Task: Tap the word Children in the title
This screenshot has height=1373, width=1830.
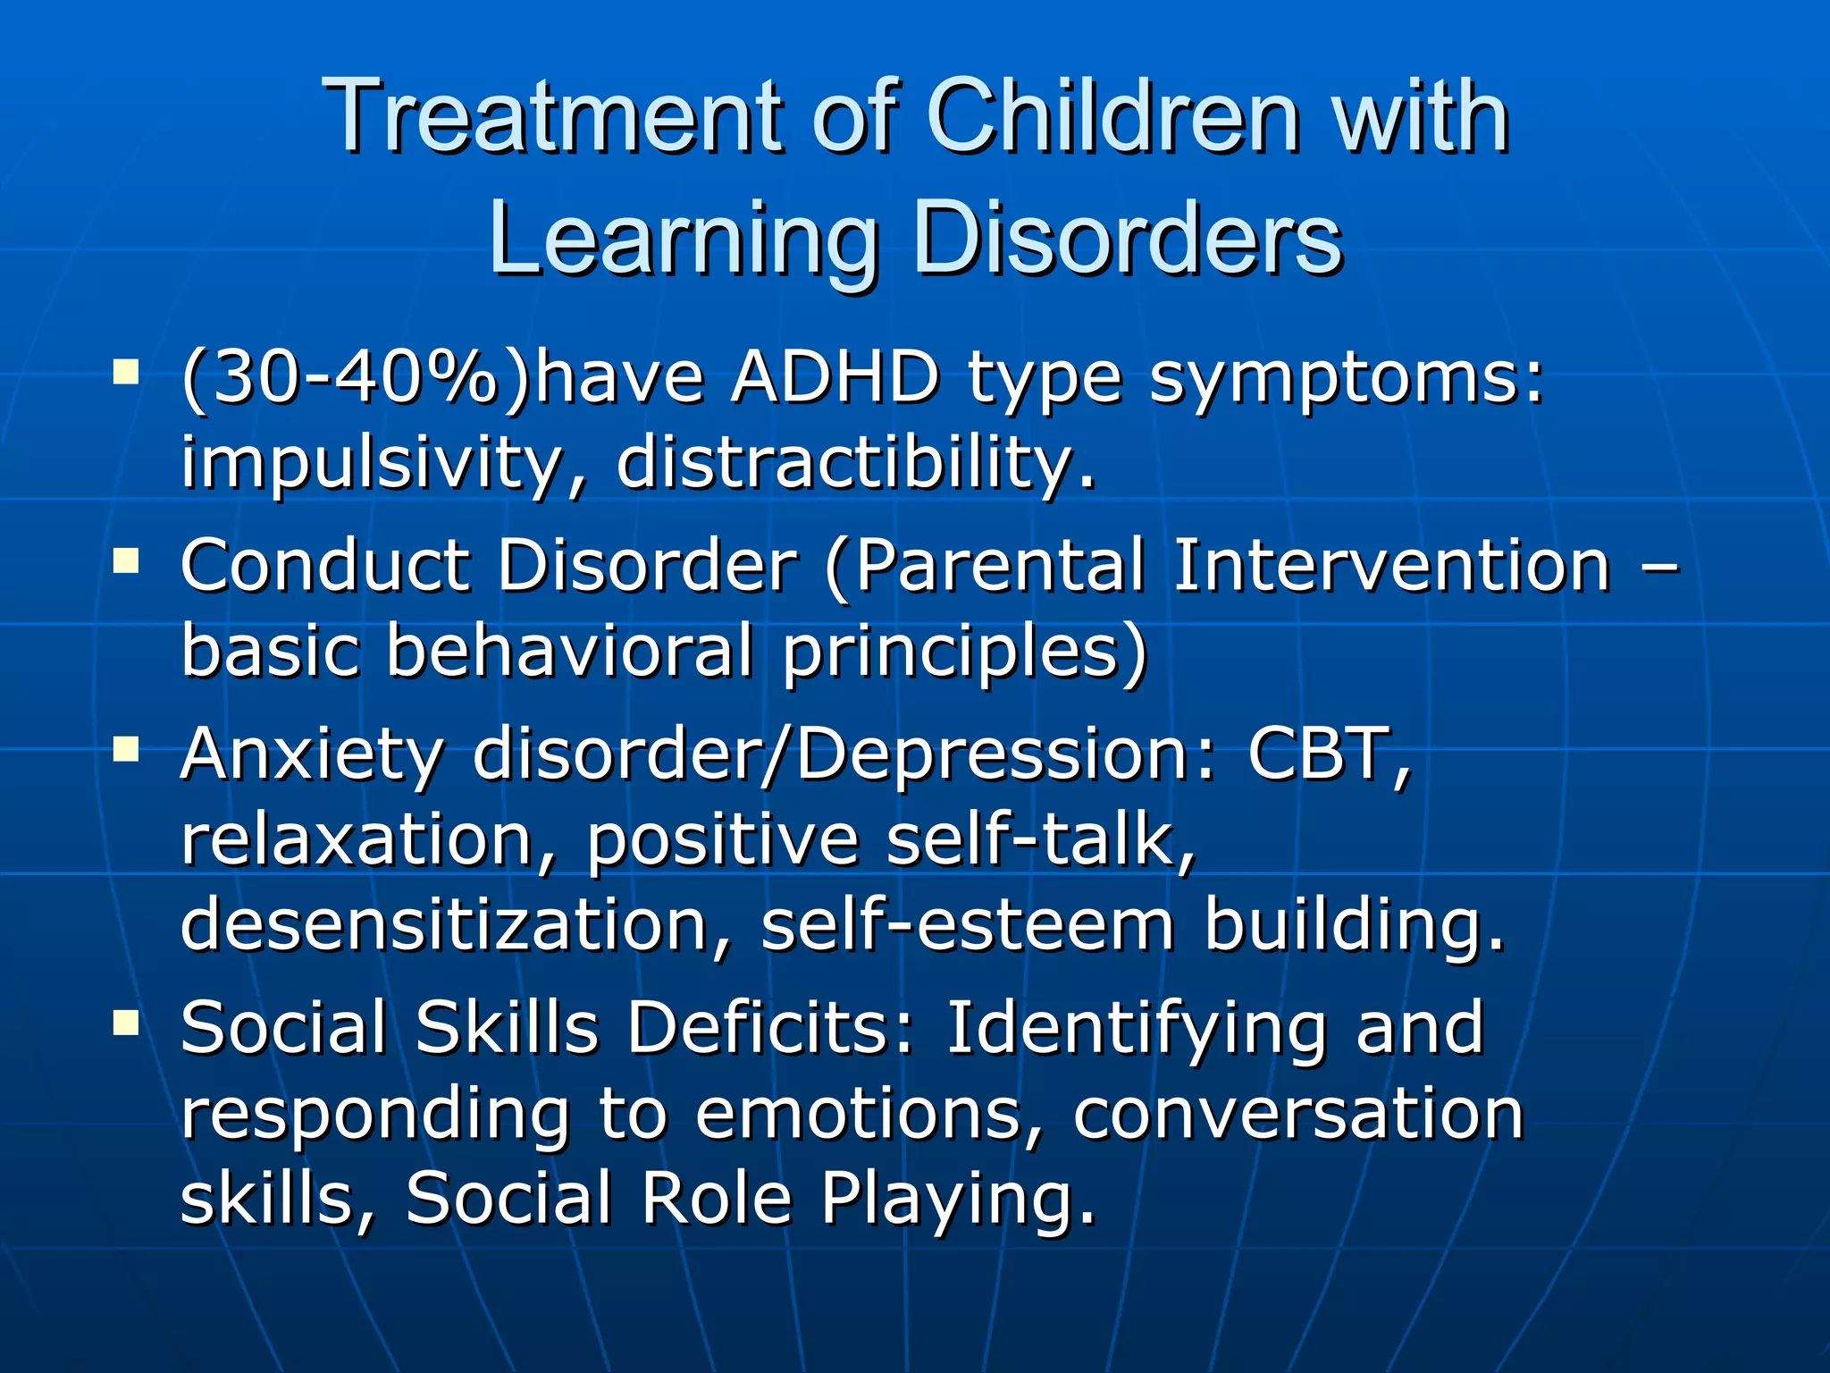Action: click(1112, 117)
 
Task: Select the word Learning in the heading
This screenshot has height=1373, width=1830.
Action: click(684, 238)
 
